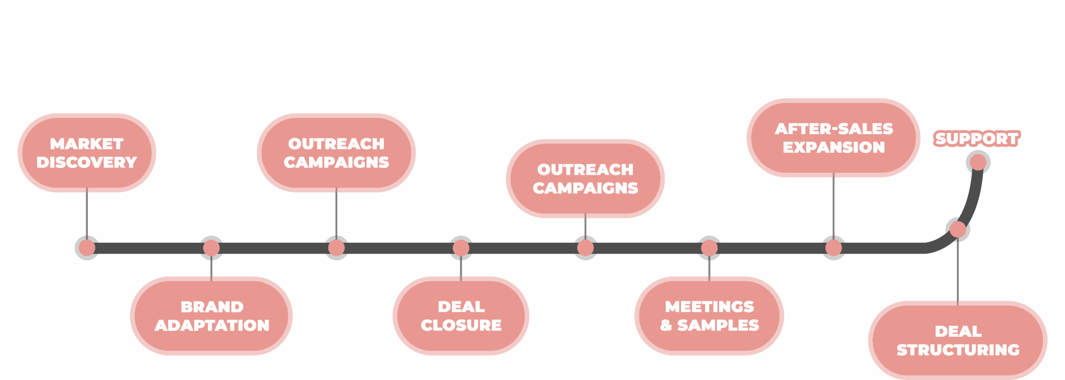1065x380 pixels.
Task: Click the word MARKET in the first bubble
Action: click(87, 144)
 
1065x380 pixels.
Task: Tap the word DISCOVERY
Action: click(87, 162)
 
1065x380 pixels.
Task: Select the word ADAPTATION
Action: click(212, 325)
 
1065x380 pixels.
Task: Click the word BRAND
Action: click(212, 307)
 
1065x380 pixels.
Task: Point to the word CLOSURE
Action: click(461, 325)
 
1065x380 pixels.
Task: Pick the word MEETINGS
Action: click(709, 307)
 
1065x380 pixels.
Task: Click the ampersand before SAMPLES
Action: click(666, 325)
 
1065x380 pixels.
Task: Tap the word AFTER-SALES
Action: click(834, 129)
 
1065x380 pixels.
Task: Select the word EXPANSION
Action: click(834, 147)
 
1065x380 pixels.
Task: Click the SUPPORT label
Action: click(977, 138)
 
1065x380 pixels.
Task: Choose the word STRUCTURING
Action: click(958, 350)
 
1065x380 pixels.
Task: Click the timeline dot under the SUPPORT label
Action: click(978, 162)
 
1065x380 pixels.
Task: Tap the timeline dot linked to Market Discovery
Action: click(87, 248)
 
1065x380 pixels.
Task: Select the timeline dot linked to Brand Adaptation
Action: click(211, 248)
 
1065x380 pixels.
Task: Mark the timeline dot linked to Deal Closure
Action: click(461, 248)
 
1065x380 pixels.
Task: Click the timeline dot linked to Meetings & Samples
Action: click(709, 248)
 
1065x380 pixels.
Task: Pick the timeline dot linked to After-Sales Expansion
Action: click(834, 248)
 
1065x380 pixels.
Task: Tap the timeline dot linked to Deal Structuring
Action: click(958, 229)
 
